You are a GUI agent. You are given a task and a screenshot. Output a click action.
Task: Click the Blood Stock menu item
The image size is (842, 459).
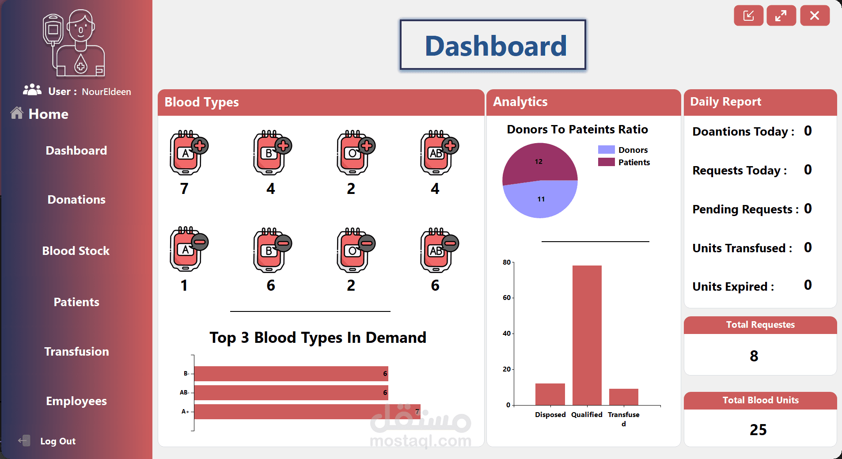pos(76,251)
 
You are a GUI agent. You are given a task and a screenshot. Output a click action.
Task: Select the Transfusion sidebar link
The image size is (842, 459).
pos(76,352)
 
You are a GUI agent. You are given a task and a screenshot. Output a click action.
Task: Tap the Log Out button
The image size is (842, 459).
pos(57,441)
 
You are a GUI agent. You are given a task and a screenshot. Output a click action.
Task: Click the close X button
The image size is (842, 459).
pos(815,16)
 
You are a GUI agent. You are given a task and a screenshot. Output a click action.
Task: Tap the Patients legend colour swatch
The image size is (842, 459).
pos(606,162)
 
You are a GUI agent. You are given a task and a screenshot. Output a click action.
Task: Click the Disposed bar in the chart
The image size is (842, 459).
pos(550,394)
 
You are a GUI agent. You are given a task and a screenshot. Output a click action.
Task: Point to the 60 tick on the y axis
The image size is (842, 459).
pos(507,298)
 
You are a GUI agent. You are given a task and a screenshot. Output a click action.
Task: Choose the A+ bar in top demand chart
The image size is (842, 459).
pos(307,412)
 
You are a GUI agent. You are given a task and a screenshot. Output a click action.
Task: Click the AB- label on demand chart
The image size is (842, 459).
pos(184,392)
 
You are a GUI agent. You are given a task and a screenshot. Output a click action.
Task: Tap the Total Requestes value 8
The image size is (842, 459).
pos(754,356)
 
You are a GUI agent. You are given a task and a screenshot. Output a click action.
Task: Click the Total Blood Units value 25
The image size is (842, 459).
pos(758,430)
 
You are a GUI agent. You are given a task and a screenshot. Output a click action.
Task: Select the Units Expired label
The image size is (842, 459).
pos(733,287)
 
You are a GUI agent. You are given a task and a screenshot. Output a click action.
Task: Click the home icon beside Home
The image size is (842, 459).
pos(17,113)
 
